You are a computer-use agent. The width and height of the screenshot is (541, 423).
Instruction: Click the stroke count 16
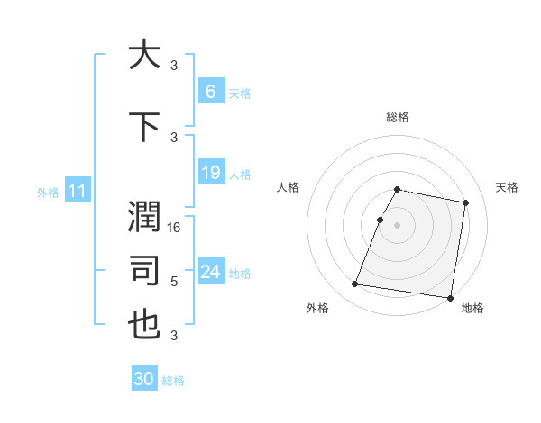[x=175, y=229]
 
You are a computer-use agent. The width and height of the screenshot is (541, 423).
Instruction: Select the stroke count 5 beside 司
[x=174, y=282]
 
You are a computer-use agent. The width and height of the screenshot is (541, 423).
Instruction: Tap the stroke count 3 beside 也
[x=174, y=336]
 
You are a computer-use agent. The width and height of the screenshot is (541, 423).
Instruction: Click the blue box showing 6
[x=210, y=91]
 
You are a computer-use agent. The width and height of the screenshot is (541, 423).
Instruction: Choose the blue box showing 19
[x=210, y=172]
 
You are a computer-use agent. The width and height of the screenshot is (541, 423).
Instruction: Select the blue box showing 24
[x=210, y=271]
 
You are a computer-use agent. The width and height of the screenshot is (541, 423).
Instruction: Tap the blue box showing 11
[x=78, y=190]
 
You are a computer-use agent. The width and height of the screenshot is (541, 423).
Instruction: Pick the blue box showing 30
[x=144, y=379]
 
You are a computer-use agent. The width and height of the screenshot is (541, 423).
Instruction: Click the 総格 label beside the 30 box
[x=173, y=381]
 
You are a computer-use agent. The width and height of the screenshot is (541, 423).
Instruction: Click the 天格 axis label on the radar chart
[x=507, y=187]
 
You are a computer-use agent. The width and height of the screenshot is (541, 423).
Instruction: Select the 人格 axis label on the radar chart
[x=288, y=187]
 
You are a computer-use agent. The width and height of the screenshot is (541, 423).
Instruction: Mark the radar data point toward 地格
[x=450, y=297]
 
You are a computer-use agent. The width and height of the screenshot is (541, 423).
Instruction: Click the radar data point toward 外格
[x=355, y=284]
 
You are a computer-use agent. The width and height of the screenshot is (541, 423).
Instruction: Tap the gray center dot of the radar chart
[x=397, y=225]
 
